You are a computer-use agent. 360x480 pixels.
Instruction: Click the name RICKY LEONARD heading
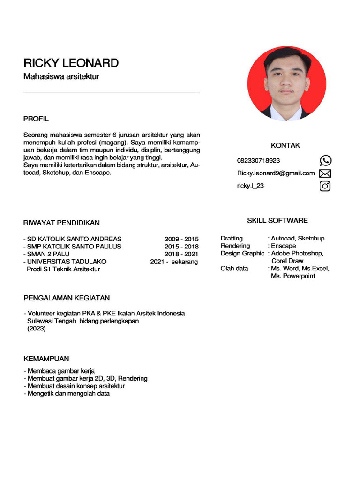[71, 63]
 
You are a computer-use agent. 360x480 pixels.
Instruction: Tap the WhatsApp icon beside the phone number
[325, 161]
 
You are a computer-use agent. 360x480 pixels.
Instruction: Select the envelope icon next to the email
[325, 173]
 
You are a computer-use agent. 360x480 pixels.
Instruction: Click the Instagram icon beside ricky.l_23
[325, 186]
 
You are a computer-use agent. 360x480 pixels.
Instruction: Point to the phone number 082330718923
[258, 161]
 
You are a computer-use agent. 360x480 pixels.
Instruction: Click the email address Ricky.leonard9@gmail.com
[276, 173]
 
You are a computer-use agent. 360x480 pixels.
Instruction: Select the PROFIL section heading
[36, 119]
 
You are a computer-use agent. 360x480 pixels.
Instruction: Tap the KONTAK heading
[285, 146]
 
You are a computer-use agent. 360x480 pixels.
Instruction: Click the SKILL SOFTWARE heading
[277, 220]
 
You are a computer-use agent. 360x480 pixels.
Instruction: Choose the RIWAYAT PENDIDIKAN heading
[61, 223]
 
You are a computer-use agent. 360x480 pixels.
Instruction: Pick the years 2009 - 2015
[181, 239]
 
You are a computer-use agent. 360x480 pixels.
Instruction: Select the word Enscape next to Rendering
[284, 246]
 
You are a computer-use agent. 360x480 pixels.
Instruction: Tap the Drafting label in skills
[232, 239]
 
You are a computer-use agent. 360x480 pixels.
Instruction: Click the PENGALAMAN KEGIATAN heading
[67, 298]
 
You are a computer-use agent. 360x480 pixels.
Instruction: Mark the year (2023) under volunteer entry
[37, 329]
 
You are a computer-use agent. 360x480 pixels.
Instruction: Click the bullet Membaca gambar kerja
[60, 371]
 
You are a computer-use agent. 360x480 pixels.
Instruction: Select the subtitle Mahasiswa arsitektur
[61, 76]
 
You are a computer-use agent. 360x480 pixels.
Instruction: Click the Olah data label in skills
[234, 269]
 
